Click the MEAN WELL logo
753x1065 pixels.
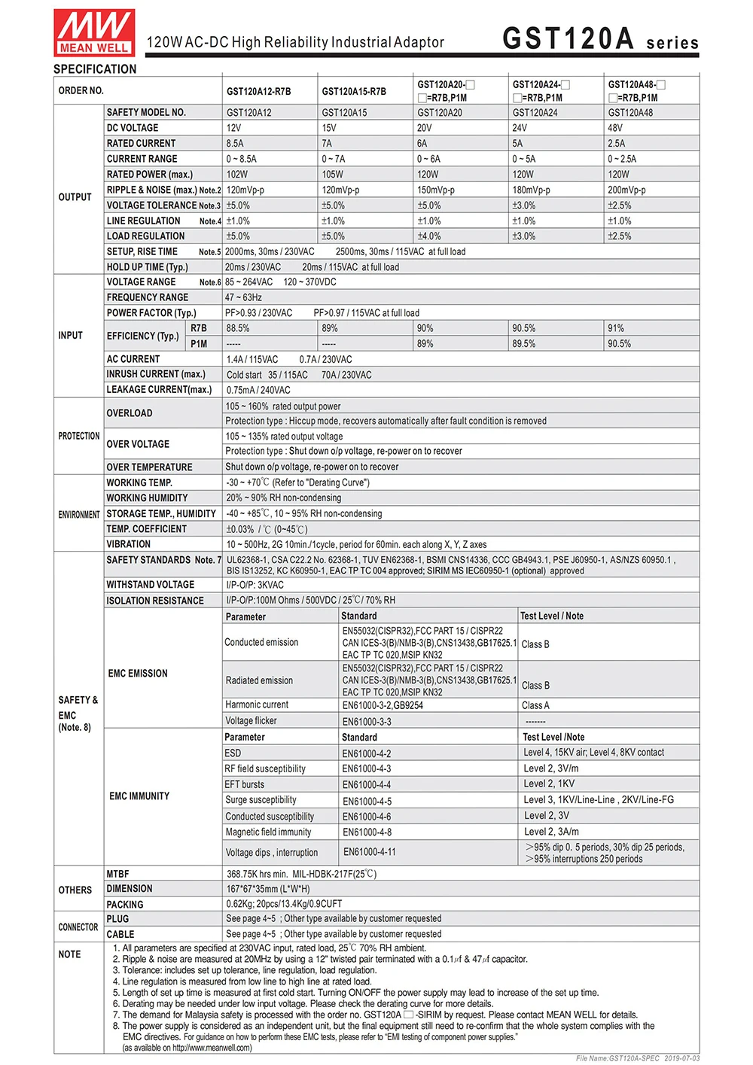pyautogui.click(x=94, y=32)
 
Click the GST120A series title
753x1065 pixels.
pyautogui.click(x=600, y=39)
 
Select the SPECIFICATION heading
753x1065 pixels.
pyautogui.click(x=95, y=69)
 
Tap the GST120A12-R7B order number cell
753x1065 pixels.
pyautogui.click(x=258, y=92)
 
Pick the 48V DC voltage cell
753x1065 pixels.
pyautogui.click(x=615, y=128)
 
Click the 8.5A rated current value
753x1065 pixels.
pyautogui.click(x=235, y=143)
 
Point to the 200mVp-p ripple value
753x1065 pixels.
pyautogui.click(x=626, y=190)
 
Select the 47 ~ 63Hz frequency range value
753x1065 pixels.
pyautogui.click(x=243, y=297)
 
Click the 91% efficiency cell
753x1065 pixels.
pyautogui.click(x=616, y=328)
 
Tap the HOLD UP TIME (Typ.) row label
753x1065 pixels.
pyautogui.click(x=147, y=267)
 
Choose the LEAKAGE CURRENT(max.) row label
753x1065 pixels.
pyautogui.click(x=159, y=390)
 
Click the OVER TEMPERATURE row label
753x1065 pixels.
pyautogui.click(x=149, y=467)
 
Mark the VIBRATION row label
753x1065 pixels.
pyautogui.click(x=128, y=544)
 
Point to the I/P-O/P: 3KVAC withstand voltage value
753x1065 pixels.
pyautogui.click(x=255, y=585)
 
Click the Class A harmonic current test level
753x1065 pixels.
pyautogui.click(x=535, y=705)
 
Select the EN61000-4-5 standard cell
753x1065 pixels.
pyautogui.click(x=367, y=801)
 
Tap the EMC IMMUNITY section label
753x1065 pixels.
pyautogui.click(x=139, y=796)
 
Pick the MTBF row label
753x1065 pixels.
pyautogui.click(x=117, y=874)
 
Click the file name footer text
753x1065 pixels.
pyautogui.click(x=638, y=1058)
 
